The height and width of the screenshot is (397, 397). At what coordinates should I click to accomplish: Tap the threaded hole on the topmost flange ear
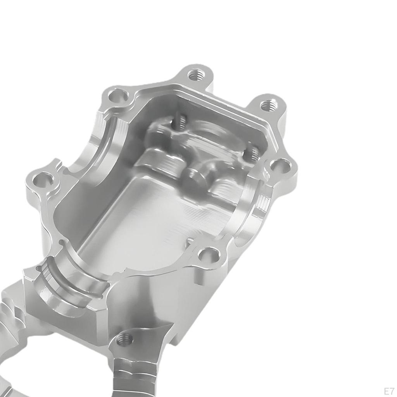pyautogui.click(x=196, y=74)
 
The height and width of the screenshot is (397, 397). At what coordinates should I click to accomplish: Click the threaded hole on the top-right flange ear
pyautogui.click(x=268, y=105)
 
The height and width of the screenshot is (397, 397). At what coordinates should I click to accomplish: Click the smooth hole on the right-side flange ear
pyautogui.click(x=280, y=167)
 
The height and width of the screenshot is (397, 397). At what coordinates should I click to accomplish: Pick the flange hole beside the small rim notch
pyautogui.click(x=209, y=255)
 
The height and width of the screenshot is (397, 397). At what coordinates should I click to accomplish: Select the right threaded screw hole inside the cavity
pyautogui.click(x=252, y=153)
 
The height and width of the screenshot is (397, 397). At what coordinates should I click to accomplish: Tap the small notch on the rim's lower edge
pyautogui.click(x=190, y=242)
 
